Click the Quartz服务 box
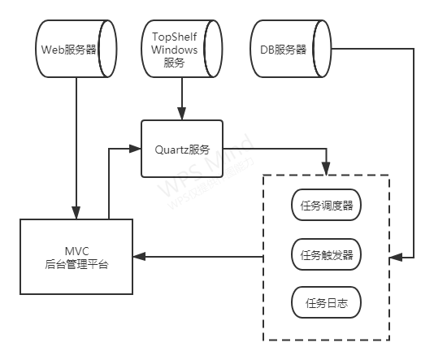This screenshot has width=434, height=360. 182,149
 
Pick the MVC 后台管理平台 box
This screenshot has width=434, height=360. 77,256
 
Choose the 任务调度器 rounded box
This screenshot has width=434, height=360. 326,206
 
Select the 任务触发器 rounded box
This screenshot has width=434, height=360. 326,255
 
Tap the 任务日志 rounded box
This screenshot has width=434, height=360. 326,304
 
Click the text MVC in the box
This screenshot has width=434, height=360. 77,249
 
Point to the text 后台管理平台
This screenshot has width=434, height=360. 77,264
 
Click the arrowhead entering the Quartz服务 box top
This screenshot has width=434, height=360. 182,115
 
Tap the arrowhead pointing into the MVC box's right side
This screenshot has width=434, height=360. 140,257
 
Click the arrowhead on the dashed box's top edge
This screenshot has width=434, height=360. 327,169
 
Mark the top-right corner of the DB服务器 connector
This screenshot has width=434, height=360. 414,50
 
